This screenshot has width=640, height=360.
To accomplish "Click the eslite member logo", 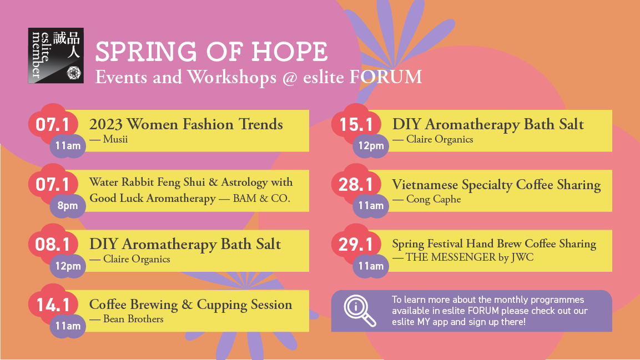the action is (x=56, y=55).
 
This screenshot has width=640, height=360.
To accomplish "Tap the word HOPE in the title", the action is (x=289, y=52).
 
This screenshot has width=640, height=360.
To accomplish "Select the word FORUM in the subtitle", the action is (x=386, y=77).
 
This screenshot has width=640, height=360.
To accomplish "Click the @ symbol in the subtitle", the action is (x=289, y=78).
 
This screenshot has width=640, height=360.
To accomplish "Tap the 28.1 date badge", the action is (x=355, y=185).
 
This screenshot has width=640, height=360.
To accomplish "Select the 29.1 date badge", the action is (x=355, y=245).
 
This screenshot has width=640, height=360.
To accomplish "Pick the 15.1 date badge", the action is (x=355, y=125).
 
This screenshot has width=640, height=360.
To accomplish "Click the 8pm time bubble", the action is (x=68, y=206).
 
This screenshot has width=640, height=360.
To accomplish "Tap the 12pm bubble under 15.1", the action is (x=371, y=146).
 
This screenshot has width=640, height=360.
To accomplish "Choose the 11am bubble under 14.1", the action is (x=68, y=326).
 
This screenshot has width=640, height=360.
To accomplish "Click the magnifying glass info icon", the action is (x=360, y=311).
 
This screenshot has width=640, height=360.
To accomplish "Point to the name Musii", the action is (x=115, y=139).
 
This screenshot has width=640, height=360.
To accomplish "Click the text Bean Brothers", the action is (x=133, y=319).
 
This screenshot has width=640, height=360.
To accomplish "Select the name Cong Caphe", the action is (x=434, y=199).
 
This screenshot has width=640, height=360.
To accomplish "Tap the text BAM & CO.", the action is (x=261, y=199).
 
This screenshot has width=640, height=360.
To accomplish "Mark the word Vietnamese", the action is (x=425, y=185).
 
